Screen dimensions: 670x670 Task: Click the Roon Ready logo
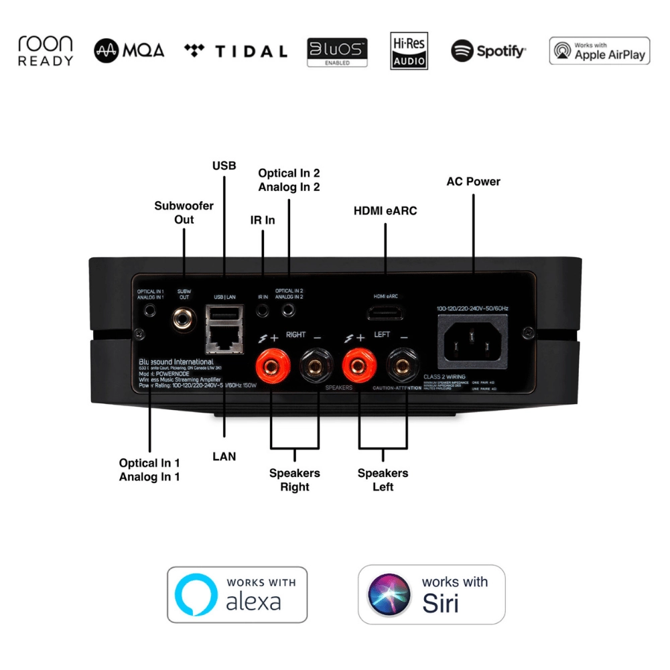click(46, 51)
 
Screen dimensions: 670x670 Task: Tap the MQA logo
click(129, 51)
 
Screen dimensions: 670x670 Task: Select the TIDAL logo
click(235, 52)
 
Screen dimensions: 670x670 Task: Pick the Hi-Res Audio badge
click(409, 51)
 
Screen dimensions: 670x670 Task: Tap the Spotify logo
click(488, 51)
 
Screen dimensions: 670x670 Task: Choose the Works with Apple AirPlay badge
click(600, 51)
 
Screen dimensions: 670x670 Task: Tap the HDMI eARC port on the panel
click(385, 314)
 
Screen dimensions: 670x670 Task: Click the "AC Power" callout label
click(473, 182)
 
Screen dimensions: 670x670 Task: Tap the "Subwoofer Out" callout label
click(184, 212)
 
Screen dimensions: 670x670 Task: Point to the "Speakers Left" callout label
click(383, 480)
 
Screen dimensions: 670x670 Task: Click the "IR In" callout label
click(263, 220)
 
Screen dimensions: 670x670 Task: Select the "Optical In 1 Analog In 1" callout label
click(149, 470)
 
